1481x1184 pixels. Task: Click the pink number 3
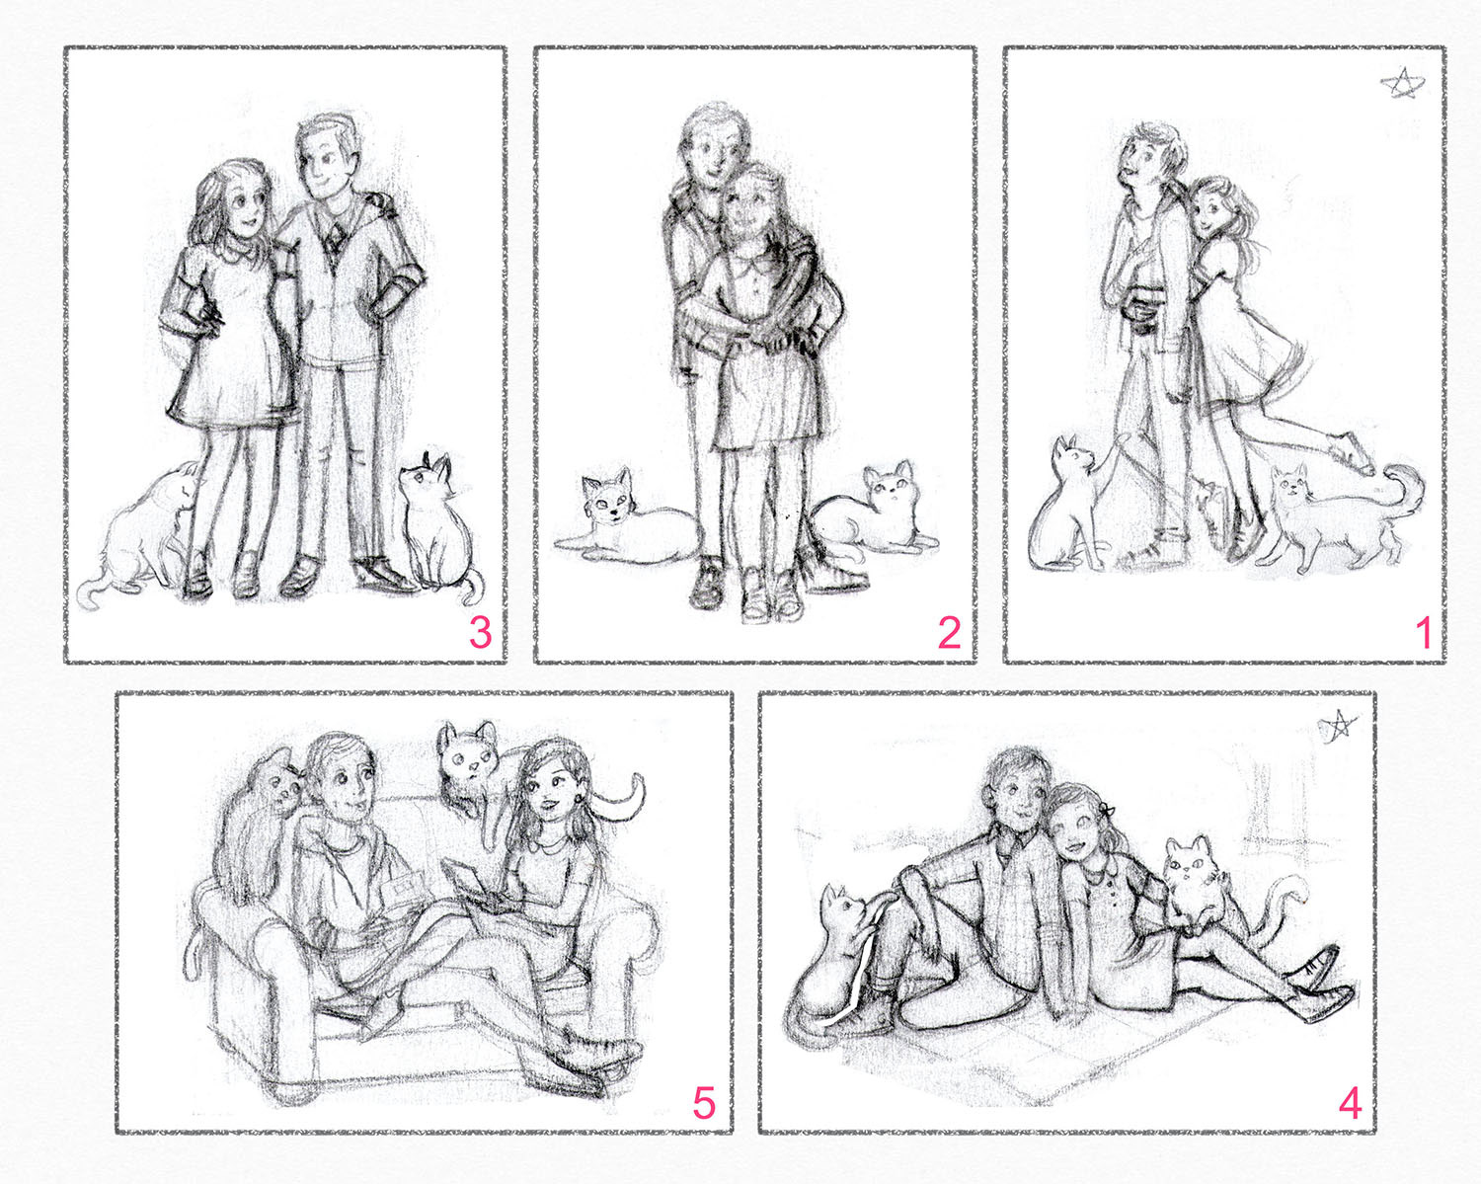click(x=481, y=632)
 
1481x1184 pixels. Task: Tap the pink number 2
click(x=950, y=632)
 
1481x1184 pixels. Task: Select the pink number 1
click(x=1423, y=632)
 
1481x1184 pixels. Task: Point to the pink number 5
click(x=703, y=1102)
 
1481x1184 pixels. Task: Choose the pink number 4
click(x=1351, y=1102)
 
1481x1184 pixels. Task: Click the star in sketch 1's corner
click(x=1402, y=84)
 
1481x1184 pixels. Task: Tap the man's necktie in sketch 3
click(x=334, y=241)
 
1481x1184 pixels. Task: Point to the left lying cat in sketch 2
click(x=623, y=519)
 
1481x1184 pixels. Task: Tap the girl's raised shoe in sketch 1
click(x=1351, y=453)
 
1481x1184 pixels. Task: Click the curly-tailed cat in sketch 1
click(x=1335, y=516)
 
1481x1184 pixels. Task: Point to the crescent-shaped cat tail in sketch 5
click(x=625, y=800)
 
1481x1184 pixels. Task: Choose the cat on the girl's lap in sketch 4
click(x=1194, y=885)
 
